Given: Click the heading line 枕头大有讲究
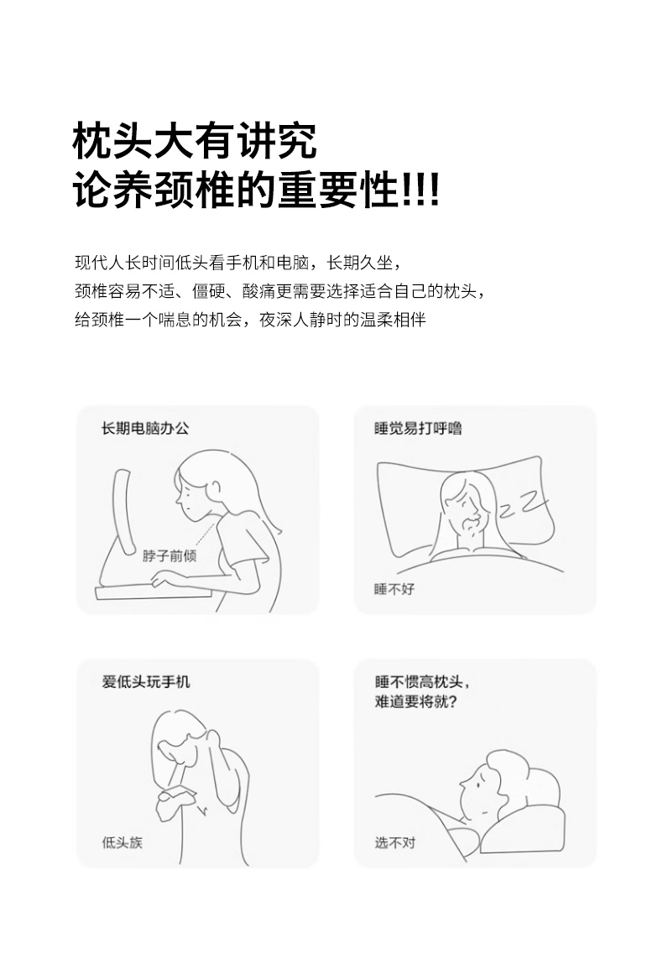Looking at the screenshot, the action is coord(195,141).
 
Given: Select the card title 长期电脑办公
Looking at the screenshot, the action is coord(145,429).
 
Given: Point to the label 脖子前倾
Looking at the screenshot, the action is coord(170,555).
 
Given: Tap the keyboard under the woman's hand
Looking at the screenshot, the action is coord(153,593).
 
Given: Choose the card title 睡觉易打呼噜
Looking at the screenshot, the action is coord(418,429).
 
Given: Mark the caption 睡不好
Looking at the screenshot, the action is coord(394,589).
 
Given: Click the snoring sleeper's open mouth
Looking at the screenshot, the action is coord(471,524).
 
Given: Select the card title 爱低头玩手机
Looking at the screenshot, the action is coord(146,682).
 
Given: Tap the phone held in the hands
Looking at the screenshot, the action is coord(176,793).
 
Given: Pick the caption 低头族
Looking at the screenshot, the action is coord(123,842).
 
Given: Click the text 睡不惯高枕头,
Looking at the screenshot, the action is coord(422,682).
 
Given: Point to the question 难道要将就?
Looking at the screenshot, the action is coord(416,701).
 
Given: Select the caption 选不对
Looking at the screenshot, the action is coord(395,842).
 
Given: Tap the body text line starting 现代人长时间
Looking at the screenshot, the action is coord(238,263).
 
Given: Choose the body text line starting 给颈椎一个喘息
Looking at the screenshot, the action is coord(250,320).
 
